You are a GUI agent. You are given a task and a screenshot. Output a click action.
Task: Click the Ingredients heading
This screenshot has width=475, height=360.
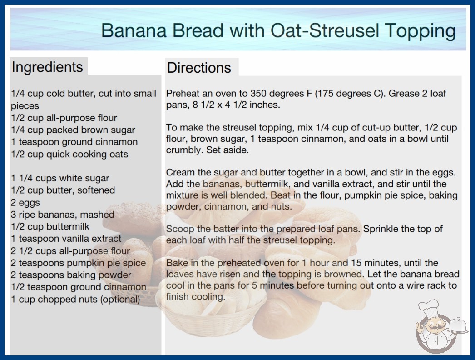point(47,67)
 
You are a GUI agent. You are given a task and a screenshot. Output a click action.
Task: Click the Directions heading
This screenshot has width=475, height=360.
point(199,68)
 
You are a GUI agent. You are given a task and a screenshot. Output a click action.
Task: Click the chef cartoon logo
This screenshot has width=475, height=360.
point(439,327)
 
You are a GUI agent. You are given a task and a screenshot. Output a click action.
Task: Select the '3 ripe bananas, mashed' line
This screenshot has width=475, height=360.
point(63,215)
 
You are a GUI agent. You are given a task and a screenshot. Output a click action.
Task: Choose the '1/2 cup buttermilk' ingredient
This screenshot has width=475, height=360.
point(50,226)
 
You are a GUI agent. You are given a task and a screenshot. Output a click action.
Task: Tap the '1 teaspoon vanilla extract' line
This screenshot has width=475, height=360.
point(66,239)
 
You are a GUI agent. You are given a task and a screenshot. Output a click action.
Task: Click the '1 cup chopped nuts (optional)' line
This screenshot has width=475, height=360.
point(75,300)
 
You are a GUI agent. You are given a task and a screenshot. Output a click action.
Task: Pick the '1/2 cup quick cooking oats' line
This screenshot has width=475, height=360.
point(69,154)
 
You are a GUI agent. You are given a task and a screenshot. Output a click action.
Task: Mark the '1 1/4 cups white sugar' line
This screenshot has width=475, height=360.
point(60,178)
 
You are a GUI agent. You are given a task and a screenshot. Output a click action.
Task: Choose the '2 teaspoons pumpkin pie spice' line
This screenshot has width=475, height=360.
point(79,263)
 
